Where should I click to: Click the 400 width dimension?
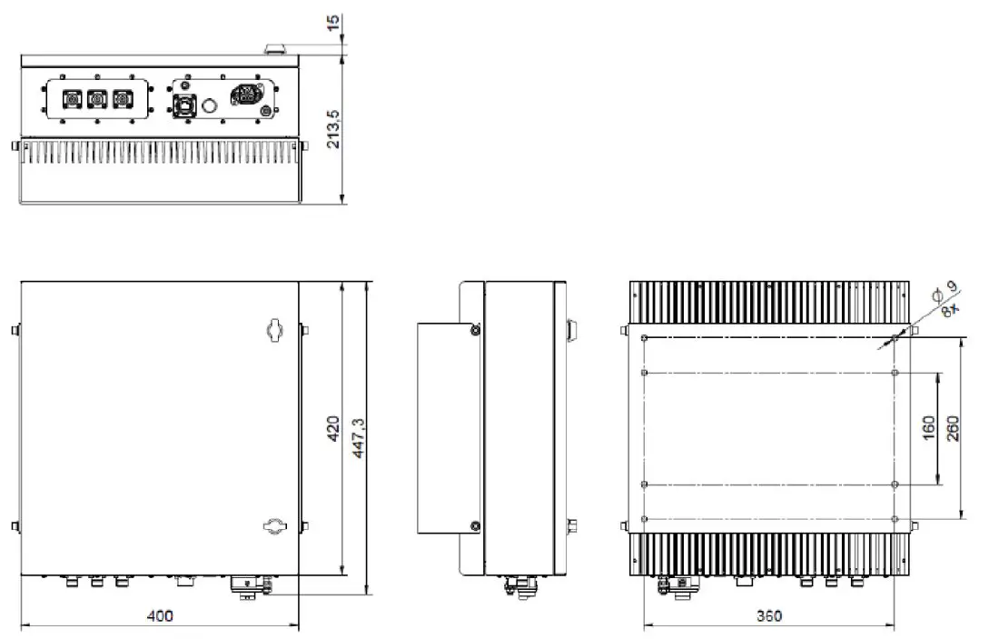[x=160, y=616]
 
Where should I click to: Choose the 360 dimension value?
[x=768, y=616]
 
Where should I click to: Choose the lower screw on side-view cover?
[x=474, y=524]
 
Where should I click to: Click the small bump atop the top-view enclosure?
[x=275, y=47]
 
